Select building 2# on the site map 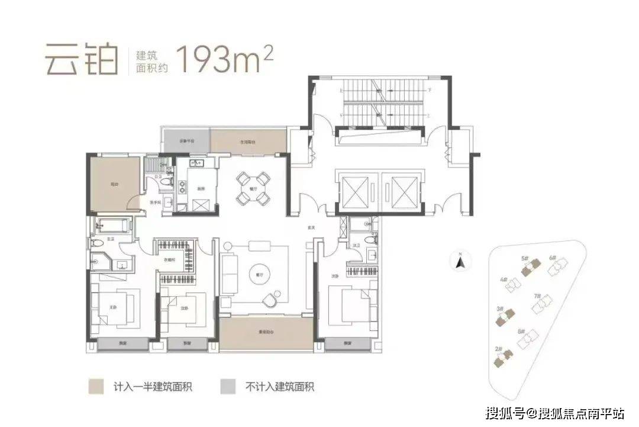(x=505, y=356)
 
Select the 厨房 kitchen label (x=201, y=189)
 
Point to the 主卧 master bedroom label (x=113, y=306)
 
